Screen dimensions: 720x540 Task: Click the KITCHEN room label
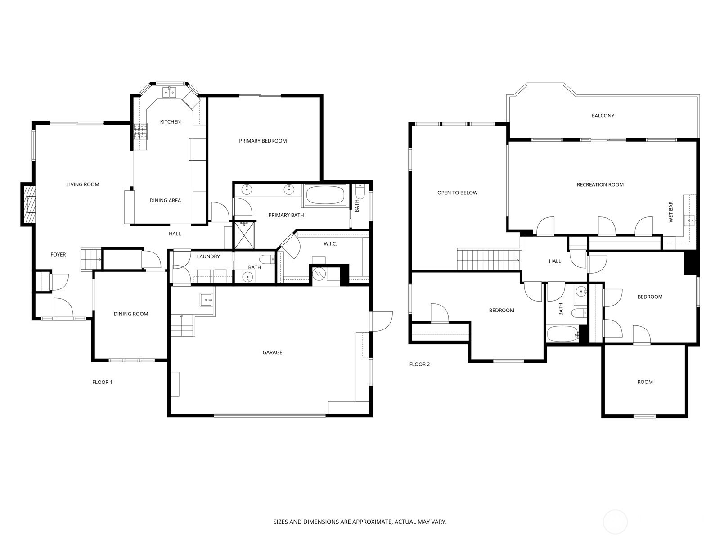pyautogui.click(x=170, y=122)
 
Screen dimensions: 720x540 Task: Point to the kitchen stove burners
pyautogui.click(x=140, y=132)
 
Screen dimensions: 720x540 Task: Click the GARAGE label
pyautogui.click(x=272, y=352)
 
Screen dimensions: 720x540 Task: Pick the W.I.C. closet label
pyautogui.click(x=330, y=244)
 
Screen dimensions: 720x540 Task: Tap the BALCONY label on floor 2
pyautogui.click(x=603, y=116)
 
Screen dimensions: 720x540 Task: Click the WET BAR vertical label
pyautogui.click(x=670, y=212)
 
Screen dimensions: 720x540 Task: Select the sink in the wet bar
pyautogui.click(x=689, y=220)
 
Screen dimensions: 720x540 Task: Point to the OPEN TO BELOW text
pyautogui.click(x=457, y=193)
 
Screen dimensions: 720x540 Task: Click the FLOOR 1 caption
pyautogui.click(x=102, y=382)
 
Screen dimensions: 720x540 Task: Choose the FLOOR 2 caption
pyautogui.click(x=419, y=364)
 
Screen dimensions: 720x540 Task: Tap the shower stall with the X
pyautogui.click(x=244, y=235)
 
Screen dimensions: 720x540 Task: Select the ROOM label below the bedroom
pyautogui.click(x=645, y=382)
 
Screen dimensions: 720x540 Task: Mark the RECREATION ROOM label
pyautogui.click(x=600, y=185)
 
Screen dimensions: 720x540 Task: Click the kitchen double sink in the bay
pyautogui.click(x=170, y=92)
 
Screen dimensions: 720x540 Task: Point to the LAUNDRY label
pyautogui.click(x=208, y=256)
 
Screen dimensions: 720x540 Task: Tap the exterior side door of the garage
pyautogui.click(x=381, y=321)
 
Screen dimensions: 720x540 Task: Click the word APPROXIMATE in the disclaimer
pyautogui.click(x=371, y=522)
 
